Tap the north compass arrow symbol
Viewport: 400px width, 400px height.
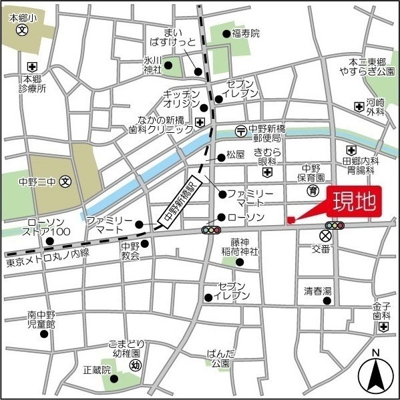coord(377,375)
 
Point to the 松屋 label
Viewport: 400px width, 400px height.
coord(236,155)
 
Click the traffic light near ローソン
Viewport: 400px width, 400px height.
coord(212,230)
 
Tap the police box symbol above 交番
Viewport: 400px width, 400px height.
coord(326,236)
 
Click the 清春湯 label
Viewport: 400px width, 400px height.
coord(317,291)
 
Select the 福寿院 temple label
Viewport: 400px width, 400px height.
coord(246,33)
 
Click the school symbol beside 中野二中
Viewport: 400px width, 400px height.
coord(65,181)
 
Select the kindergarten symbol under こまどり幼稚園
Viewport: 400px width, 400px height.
coord(135,365)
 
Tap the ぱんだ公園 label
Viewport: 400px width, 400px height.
coord(220,359)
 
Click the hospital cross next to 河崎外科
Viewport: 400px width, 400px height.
coord(359,106)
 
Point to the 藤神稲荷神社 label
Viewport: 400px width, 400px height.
coord(244,246)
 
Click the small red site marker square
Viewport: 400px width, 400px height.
coord(290,221)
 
